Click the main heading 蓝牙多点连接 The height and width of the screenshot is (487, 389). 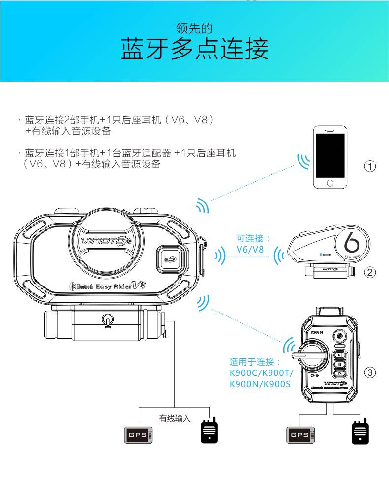tap(194, 50)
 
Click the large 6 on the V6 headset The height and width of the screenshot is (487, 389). tap(350, 243)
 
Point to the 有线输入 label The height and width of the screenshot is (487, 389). tap(175, 419)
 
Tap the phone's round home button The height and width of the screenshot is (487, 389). tap(330, 183)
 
